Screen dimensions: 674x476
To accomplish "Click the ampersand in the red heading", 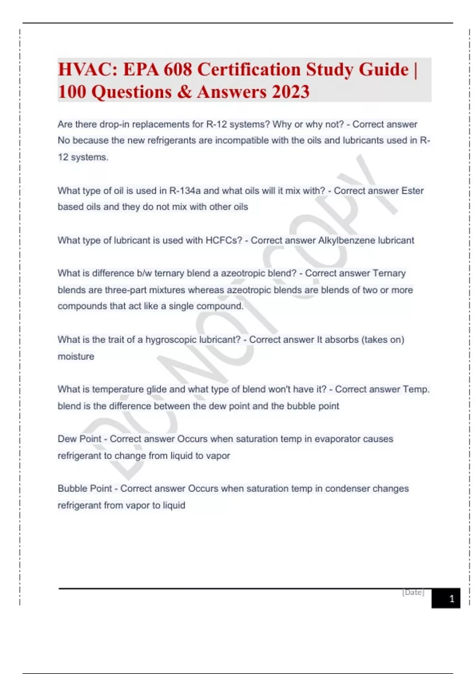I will tap(184, 92).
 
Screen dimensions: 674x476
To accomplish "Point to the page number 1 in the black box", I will tap(451, 599).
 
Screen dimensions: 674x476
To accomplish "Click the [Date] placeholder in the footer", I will tap(413, 592).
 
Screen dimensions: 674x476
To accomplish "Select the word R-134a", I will tap(185, 191).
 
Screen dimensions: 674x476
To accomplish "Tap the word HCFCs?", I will tap(224, 240).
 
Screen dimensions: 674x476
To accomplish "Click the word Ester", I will tap(413, 191).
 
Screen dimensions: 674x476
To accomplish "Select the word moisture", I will tap(76, 356).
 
